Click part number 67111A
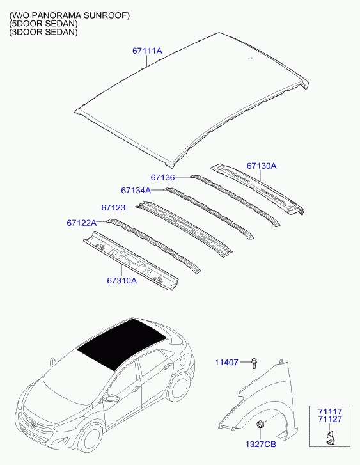pyautogui.click(x=147, y=51)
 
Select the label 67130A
pyautogui.click(x=262, y=166)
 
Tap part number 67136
pyautogui.click(x=163, y=177)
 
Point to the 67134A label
pyautogui.click(x=136, y=190)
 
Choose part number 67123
pyautogui.click(x=113, y=208)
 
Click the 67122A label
pyautogui.click(x=82, y=223)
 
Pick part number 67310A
pyautogui.click(x=122, y=280)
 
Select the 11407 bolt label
pyautogui.click(x=226, y=363)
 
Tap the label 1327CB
pyautogui.click(x=261, y=445)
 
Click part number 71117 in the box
pyautogui.click(x=330, y=412)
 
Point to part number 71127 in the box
pyautogui.click(x=330, y=419)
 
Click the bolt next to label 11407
pyautogui.click(x=254, y=363)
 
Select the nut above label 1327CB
pyautogui.click(x=260, y=424)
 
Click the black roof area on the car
pyautogui.click(x=121, y=344)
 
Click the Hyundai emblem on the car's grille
pyautogui.click(x=33, y=426)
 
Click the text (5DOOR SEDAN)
pyautogui.click(x=43, y=24)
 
